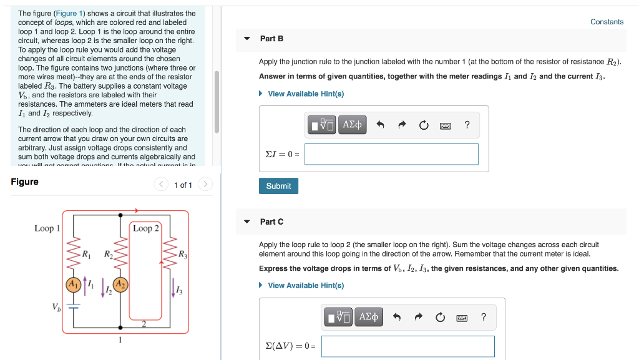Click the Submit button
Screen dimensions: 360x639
tap(278, 186)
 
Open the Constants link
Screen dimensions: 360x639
tap(607, 22)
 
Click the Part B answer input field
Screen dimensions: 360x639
tap(391, 154)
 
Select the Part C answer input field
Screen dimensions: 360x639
tap(407, 346)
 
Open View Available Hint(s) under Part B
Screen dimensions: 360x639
tap(305, 94)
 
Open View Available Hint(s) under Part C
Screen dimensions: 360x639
tap(305, 285)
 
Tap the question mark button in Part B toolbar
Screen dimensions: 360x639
tap(467, 125)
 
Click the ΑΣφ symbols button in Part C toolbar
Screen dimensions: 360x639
tap(369, 317)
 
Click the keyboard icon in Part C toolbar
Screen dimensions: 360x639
tap(462, 318)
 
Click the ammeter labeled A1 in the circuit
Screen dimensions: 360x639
tap(74, 285)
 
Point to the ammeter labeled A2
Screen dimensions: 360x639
tap(120, 285)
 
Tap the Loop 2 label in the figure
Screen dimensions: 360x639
tap(145, 228)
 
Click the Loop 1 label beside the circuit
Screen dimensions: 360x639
tap(47, 228)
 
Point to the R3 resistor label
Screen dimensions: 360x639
tap(182, 254)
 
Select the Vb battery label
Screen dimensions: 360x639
tap(57, 306)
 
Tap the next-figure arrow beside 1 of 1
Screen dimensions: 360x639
tap(206, 185)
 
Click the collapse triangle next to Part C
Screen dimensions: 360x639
tap(247, 221)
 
